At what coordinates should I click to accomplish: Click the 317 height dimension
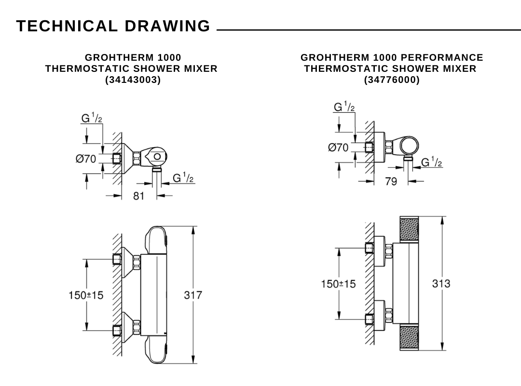coord(193,294)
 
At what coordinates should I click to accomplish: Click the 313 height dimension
coord(441,283)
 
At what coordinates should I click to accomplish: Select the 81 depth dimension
coord(138,196)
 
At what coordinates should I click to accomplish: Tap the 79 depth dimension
coord(391,182)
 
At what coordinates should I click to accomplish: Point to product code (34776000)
coord(392,80)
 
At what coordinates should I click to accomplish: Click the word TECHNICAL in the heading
coord(67,26)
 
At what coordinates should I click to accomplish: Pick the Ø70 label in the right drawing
coord(338,147)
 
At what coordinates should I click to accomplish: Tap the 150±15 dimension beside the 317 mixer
coord(86,294)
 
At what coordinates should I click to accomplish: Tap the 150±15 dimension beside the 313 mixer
coord(338,283)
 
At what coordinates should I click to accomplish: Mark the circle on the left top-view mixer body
coord(157,156)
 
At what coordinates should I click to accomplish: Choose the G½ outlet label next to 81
coord(183,178)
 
